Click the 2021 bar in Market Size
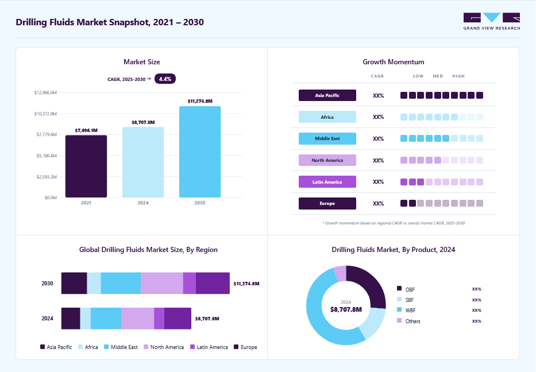86,166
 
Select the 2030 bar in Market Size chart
200,152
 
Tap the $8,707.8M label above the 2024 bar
143,122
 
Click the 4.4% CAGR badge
165,79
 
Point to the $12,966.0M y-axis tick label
45,92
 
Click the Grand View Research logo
492,21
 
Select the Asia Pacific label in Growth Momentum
327,95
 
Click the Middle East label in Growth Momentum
327,138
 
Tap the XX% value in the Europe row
379,204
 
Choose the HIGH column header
458,76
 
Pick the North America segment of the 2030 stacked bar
162,283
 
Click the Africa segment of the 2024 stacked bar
86,319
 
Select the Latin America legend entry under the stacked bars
209,347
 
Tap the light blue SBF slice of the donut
373,322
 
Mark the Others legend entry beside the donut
409,321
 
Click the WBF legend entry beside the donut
406,310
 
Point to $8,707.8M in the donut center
346,309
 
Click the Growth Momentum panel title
394,62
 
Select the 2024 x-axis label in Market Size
143,203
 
